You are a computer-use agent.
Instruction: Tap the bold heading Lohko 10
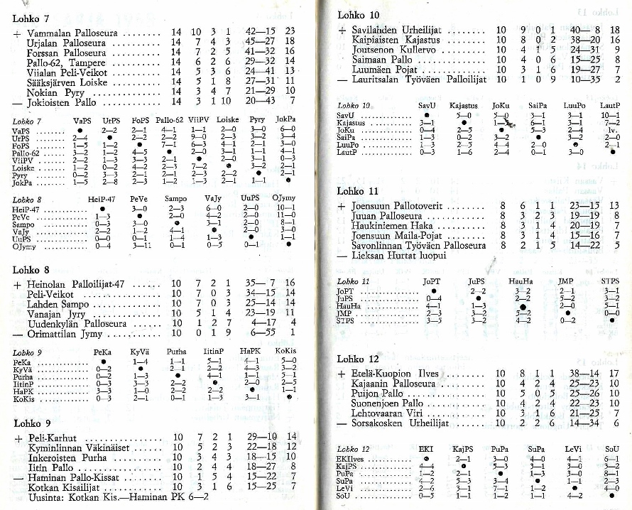tap(359, 14)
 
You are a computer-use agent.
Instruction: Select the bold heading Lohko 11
tap(358, 191)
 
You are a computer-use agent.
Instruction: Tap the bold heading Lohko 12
tap(359, 359)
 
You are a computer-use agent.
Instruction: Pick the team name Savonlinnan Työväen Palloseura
tap(419, 245)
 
